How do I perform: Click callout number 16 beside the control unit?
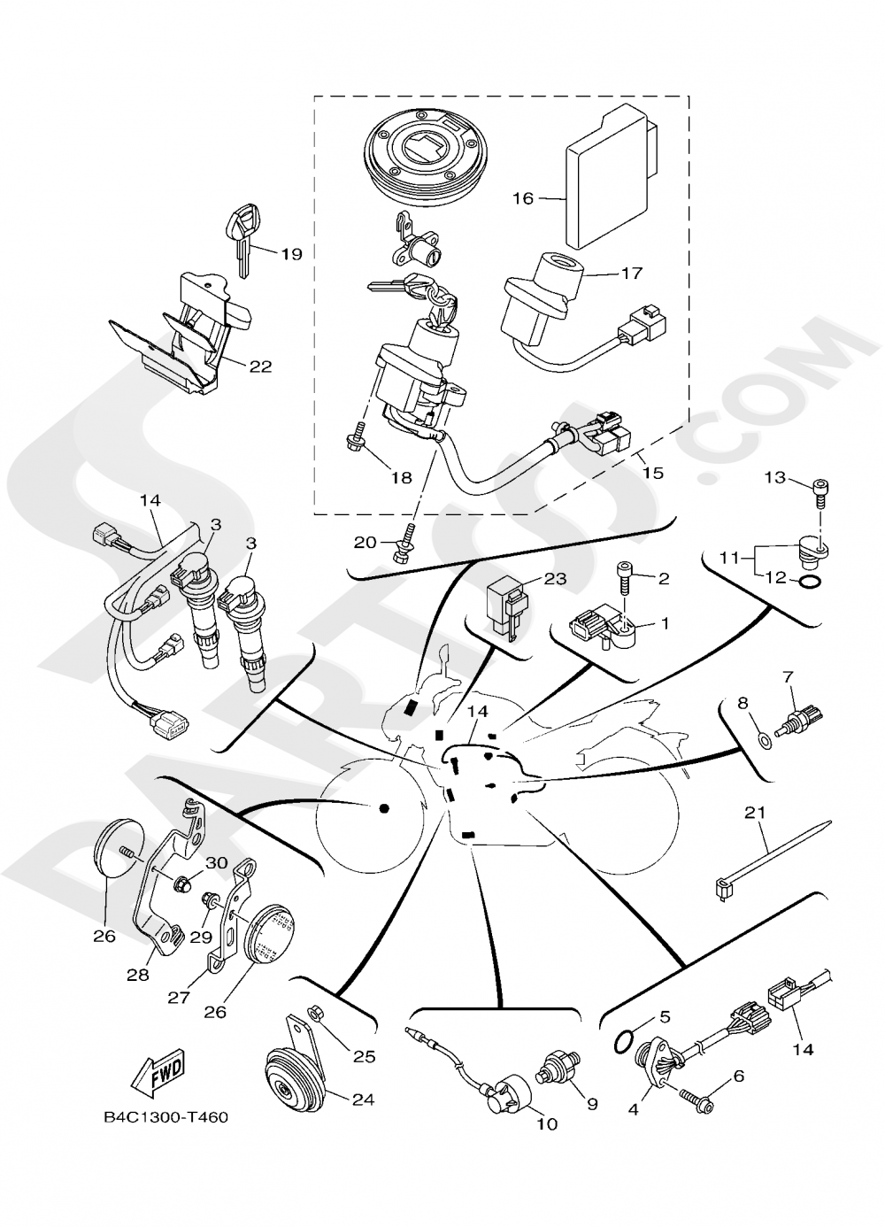pyautogui.click(x=523, y=198)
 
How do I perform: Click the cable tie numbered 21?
pyautogui.click(x=770, y=857)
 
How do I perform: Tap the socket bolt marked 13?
pyautogui.click(x=820, y=489)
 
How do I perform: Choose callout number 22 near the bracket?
pyautogui.click(x=259, y=366)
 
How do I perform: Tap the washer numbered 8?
pyautogui.click(x=766, y=735)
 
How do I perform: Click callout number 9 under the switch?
pyautogui.click(x=592, y=1104)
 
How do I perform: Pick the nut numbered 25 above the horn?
pyautogui.click(x=313, y=1013)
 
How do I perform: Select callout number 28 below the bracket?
pyautogui.click(x=137, y=975)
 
